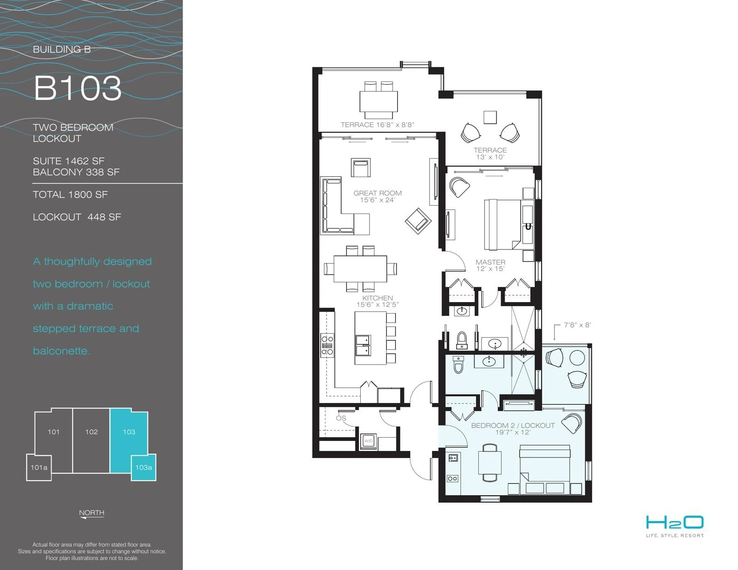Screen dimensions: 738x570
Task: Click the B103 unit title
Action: (x=77, y=88)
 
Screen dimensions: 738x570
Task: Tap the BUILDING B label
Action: (x=62, y=49)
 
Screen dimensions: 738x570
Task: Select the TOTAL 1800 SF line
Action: (x=70, y=195)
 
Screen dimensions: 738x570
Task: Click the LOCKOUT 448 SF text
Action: (x=77, y=217)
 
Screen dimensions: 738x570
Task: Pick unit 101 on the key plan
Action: (x=54, y=432)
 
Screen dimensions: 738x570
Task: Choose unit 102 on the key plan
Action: (x=91, y=432)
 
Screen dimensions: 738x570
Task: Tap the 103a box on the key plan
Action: (x=143, y=468)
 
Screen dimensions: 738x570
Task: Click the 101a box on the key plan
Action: (x=39, y=468)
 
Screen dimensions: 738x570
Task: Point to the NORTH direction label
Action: (x=92, y=513)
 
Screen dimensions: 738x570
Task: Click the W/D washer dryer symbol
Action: (x=369, y=441)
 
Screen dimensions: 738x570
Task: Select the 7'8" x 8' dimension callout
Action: (x=577, y=325)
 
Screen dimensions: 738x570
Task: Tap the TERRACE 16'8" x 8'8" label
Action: (x=377, y=125)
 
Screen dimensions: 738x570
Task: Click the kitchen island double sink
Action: (x=363, y=345)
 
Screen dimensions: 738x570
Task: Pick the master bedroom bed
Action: (x=503, y=225)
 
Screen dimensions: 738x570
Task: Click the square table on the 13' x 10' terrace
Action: (x=490, y=118)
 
